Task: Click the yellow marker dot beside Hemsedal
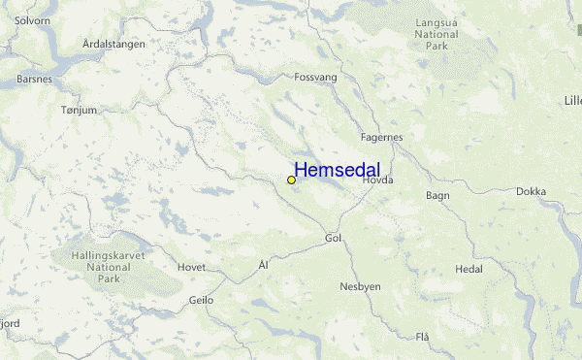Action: [x=291, y=180]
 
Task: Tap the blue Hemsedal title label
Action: [x=337, y=171]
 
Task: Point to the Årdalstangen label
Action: [x=113, y=44]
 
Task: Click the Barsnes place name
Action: [x=35, y=80]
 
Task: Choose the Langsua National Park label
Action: [x=436, y=34]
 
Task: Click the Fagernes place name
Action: [x=381, y=137]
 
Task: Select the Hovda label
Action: [x=376, y=180]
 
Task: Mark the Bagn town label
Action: [x=436, y=195]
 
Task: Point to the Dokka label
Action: [x=531, y=191]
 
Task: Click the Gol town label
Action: [x=334, y=238]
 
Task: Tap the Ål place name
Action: [x=263, y=264]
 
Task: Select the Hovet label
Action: [x=191, y=266]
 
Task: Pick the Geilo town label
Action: [x=201, y=301]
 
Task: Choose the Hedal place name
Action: [x=469, y=269]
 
